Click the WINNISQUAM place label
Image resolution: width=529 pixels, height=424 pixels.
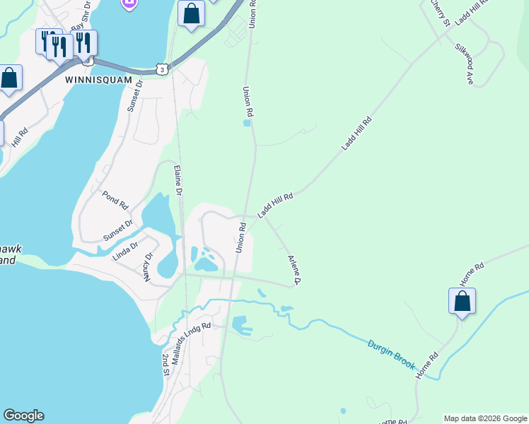point(98,81)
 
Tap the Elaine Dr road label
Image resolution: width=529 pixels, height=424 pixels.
point(178,180)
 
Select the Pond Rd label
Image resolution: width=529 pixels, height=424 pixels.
point(115,200)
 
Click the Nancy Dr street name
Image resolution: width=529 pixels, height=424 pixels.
point(149,267)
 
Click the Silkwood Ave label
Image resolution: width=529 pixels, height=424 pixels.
point(464,64)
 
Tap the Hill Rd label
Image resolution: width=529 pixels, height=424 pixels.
point(19,137)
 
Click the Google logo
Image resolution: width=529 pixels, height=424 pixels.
point(23,416)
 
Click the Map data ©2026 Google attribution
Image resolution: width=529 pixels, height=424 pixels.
point(485,418)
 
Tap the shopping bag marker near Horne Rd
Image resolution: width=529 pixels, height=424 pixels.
point(462,301)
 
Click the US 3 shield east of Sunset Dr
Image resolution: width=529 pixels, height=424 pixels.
point(163,69)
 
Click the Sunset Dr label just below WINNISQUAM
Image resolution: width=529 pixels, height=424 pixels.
point(134,95)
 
